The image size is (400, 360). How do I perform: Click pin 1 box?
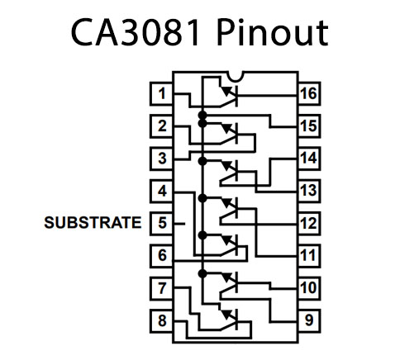(x=162, y=94)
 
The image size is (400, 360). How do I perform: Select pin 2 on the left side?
(x=162, y=126)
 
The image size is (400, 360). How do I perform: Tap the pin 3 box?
(x=162, y=159)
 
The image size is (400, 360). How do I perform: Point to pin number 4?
(x=162, y=191)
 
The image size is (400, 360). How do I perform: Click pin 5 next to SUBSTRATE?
(x=162, y=223)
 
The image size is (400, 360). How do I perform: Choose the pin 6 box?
(x=162, y=255)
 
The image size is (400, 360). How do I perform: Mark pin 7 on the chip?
(x=162, y=287)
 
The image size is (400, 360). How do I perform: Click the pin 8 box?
(x=162, y=320)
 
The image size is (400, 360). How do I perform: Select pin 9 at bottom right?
(x=308, y=320)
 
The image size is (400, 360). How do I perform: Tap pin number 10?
(x=308, y=287)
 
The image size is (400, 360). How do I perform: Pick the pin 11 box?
(x=308, y=255)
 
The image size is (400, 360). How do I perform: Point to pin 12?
(x=308, y=223)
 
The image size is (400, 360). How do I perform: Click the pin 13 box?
(x=308, y=191)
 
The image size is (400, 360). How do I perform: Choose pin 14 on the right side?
(x=308, y=159)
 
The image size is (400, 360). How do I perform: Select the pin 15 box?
(x=308, y=126)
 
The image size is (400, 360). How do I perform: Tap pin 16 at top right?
(x=308, y=94)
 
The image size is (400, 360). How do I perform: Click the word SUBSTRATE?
(x=92, y=223)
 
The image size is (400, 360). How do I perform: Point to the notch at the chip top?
(x=235, y=78)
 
